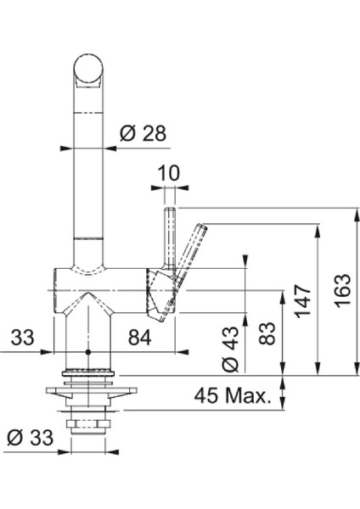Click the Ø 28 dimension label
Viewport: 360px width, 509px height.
pyautogui.click(x=143, y=133)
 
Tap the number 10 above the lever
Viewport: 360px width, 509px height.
pyautogui.click(x=168, y=173)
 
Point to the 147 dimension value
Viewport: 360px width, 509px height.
pyautogui.click(x=303, y=301)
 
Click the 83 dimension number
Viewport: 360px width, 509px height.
pyautogui.click(x=267, y=333)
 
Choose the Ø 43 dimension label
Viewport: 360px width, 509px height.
pyautogui.click(x=230, y=349)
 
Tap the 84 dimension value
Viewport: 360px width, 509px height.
pyautogui.click(x=140, y=338)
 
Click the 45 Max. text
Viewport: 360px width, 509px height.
pyautogui.click(x=233, y=395)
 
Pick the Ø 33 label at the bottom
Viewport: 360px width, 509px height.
pyautogui.click(x=30, y=438)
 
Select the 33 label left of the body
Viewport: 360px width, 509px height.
pyautogui.click(x=22, y=337)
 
